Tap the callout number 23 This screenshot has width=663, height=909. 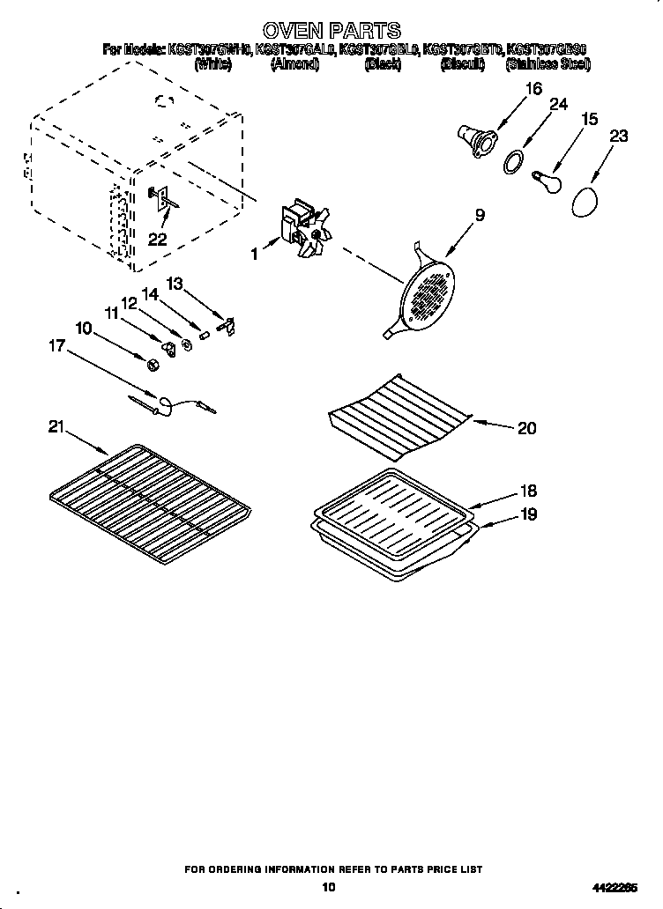click(x=619, y=136)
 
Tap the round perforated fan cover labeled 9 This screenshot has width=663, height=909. click(x=427, y=293)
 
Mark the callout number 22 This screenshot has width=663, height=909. click(x=158, y=238)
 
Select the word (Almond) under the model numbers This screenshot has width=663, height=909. click(x=294, y=64)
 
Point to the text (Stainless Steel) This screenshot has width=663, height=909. click(x=548, y=64)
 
